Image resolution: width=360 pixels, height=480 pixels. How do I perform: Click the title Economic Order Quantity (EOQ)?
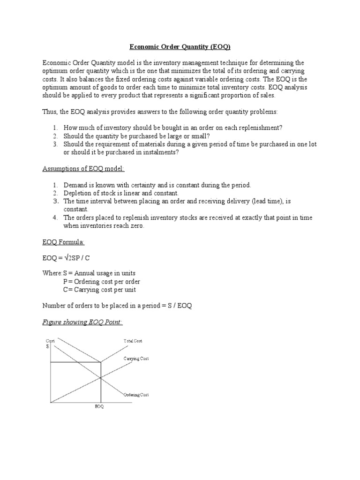pos(180,47)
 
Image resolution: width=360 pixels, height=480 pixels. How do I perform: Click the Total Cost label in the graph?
pos(133,341)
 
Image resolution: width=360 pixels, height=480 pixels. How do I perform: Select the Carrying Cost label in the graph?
pos(136,359)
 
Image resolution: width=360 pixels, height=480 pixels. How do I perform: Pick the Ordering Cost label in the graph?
pos(136,395)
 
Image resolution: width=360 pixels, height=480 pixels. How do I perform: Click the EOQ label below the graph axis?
pos(99,406)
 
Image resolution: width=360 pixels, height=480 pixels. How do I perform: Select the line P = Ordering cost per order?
pos(102,282)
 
